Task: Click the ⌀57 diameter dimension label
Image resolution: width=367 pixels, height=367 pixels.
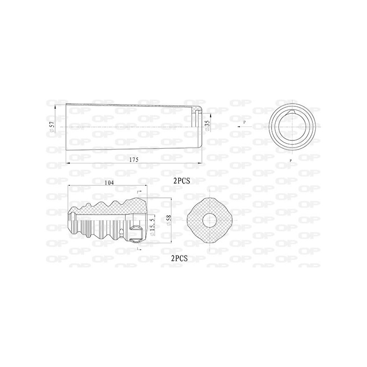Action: coord(52,127)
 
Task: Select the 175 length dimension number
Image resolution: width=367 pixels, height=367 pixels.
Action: coord(134,160)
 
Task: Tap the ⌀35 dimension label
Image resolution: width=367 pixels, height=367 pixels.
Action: coord(207,126)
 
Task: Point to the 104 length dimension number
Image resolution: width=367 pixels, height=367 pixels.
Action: coord(109,183)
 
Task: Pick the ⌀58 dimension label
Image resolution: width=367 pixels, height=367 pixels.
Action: coord(169,221)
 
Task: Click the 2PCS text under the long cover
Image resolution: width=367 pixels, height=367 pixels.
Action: coord(182,181)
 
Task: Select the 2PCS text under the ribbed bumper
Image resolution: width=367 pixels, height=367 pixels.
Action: coord(179,258)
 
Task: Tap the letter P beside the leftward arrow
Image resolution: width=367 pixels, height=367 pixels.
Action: coord(245,122)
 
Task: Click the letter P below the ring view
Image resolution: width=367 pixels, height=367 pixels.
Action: coord(291,161)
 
